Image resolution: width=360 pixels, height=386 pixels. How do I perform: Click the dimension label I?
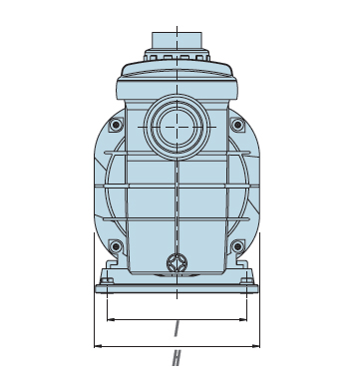(177, 328)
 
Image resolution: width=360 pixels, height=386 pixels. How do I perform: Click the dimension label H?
(177, 358)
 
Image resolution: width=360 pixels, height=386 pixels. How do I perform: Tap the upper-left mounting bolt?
(116, 125)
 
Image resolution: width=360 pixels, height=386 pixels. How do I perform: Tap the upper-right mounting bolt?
(237, 125)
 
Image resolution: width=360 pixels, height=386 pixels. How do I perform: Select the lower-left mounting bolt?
(116, 246)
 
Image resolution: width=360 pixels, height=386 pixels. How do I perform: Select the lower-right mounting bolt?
(237, 246)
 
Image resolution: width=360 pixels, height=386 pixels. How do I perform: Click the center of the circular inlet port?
(177, 127)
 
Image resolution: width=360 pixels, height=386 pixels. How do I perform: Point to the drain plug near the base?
(177, 263)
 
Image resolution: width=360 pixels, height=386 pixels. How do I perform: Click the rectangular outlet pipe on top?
(177, 41)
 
